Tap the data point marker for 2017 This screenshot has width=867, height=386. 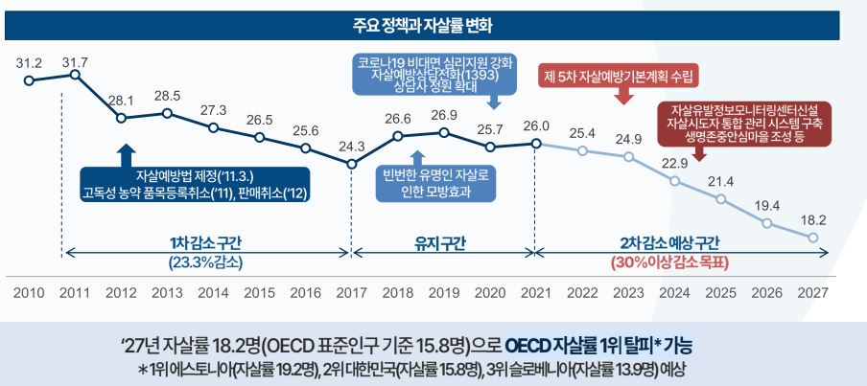[x=352, y=165]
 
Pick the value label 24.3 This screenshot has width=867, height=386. [x=352, y=147]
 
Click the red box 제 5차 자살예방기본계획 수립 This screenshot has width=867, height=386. [x=620, y=75]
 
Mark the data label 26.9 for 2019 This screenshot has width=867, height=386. [x=444, y=116]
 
